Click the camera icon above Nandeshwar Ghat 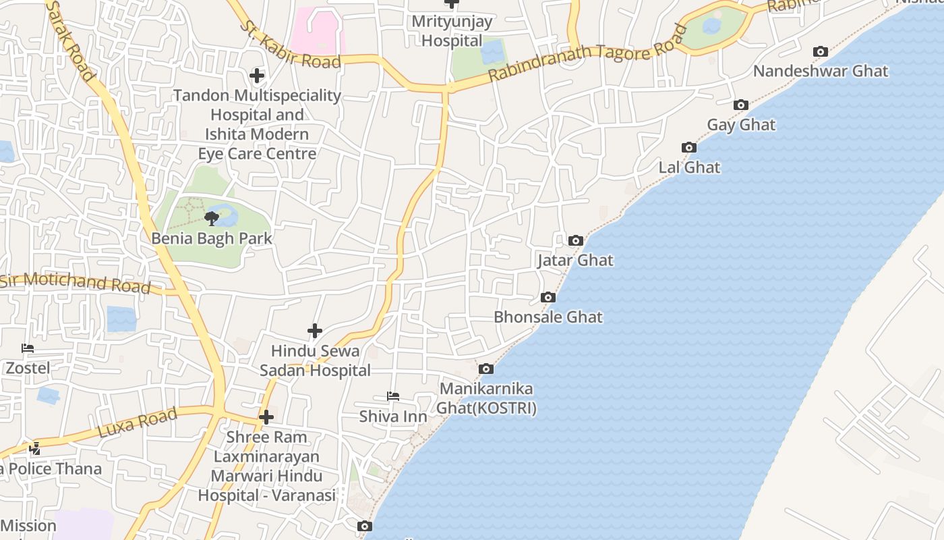point(821,51)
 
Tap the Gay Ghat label point(741,125)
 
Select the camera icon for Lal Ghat point(688,147)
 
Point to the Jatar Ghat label point(575,260)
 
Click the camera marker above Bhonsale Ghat point(548,297)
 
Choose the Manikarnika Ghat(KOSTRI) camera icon point(485,369)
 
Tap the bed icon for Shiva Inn point(393,396)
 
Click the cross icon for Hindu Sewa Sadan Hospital point(314,331)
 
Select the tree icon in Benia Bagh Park point(212,218)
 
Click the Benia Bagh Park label point(212,238)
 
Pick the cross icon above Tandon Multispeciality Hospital point(257,75)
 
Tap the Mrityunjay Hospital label point(452,30)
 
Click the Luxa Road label point(138,422)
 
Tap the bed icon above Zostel point(28,348)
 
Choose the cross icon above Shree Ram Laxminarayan point(266,416)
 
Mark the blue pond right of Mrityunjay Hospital point(492,51)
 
